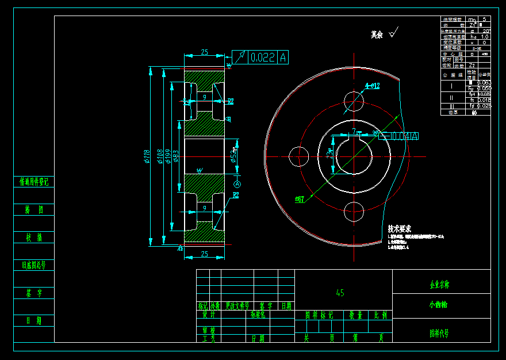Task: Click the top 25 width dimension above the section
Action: [x=204, y=52]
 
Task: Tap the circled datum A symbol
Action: [x=236, y=183]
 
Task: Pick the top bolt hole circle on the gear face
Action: [x=354, y=101]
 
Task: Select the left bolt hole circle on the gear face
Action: [x=299, y=156]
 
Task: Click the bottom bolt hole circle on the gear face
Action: [x=354, y=212]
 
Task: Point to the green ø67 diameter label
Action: [x=300, y=199]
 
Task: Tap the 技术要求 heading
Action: [x=401, y=228]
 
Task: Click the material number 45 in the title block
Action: [x=340, y=293]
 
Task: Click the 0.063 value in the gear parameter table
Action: [x=484, y=83]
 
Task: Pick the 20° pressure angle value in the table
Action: [x=486, y=31]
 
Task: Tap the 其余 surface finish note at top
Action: [x=377, y=35]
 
